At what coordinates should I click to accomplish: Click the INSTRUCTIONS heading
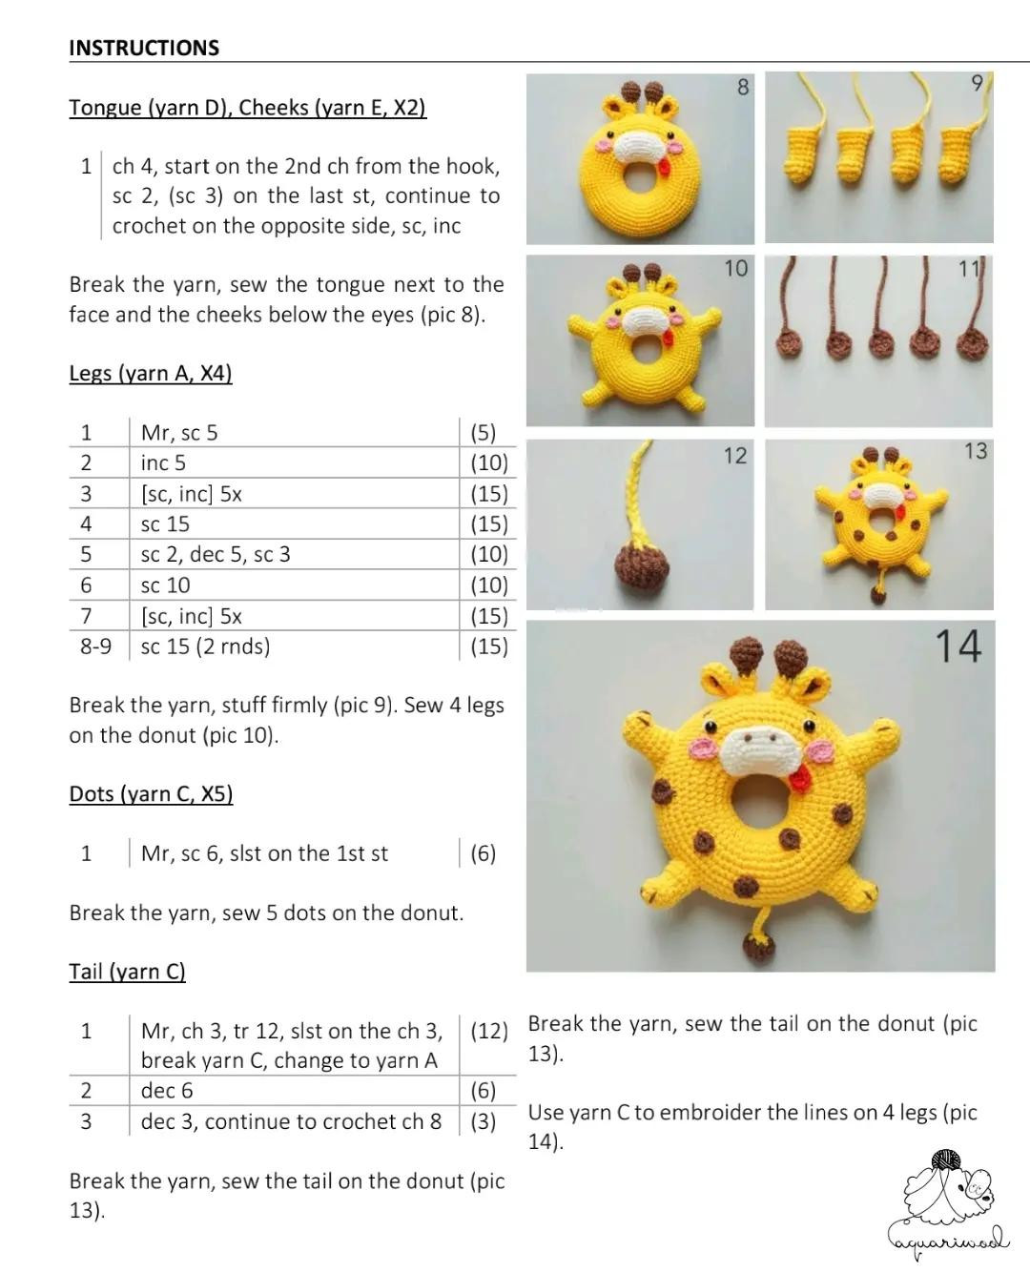pos(144,48)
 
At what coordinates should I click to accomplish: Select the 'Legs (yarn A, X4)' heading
pos(150,373)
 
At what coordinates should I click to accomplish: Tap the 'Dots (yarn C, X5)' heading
pos(151,793)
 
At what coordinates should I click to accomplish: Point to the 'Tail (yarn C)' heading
pos(127,971)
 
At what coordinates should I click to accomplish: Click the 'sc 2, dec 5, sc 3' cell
pos(216,554)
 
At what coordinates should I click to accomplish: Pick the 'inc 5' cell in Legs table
pos(163,462)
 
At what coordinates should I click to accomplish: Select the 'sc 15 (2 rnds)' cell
pos(205,646)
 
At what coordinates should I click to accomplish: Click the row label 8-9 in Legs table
pos(95,646)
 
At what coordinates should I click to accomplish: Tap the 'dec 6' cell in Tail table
pos(167,1090)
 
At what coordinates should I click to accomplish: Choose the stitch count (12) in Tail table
pos(488,1031)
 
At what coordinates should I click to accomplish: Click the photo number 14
pos(958,646)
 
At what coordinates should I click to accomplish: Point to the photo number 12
pos(734,456)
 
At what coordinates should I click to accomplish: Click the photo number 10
pos(735,268)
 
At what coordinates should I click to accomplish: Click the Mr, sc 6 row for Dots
pos(264,853)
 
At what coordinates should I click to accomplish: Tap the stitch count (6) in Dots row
pos(483,853)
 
